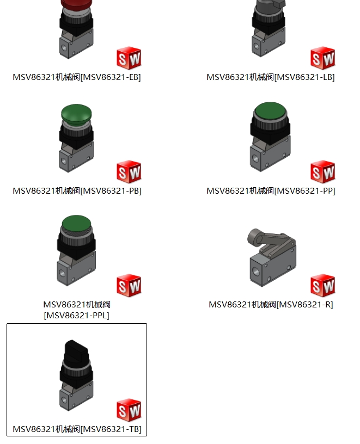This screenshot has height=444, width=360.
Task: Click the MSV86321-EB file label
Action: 77,77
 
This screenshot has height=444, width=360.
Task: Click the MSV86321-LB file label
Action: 271,77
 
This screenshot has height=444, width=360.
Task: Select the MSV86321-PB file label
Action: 77,190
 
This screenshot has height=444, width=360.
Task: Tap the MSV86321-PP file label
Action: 271,190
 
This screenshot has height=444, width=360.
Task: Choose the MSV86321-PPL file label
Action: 77,310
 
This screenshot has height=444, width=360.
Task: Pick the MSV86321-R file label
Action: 271,304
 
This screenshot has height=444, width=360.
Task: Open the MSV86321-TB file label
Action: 77,429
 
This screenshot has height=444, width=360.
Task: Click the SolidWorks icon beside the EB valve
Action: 129,58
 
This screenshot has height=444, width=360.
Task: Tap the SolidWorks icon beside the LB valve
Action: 322,58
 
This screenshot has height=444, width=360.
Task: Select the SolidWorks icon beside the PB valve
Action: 129,171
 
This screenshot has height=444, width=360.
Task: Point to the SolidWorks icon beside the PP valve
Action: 322,171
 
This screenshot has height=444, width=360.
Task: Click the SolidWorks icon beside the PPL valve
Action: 129,286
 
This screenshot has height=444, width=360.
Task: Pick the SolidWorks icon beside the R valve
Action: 322,286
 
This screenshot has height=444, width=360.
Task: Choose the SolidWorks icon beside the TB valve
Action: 129,410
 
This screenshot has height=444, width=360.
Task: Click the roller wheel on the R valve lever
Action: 255,238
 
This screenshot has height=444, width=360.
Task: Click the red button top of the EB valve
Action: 76,4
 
